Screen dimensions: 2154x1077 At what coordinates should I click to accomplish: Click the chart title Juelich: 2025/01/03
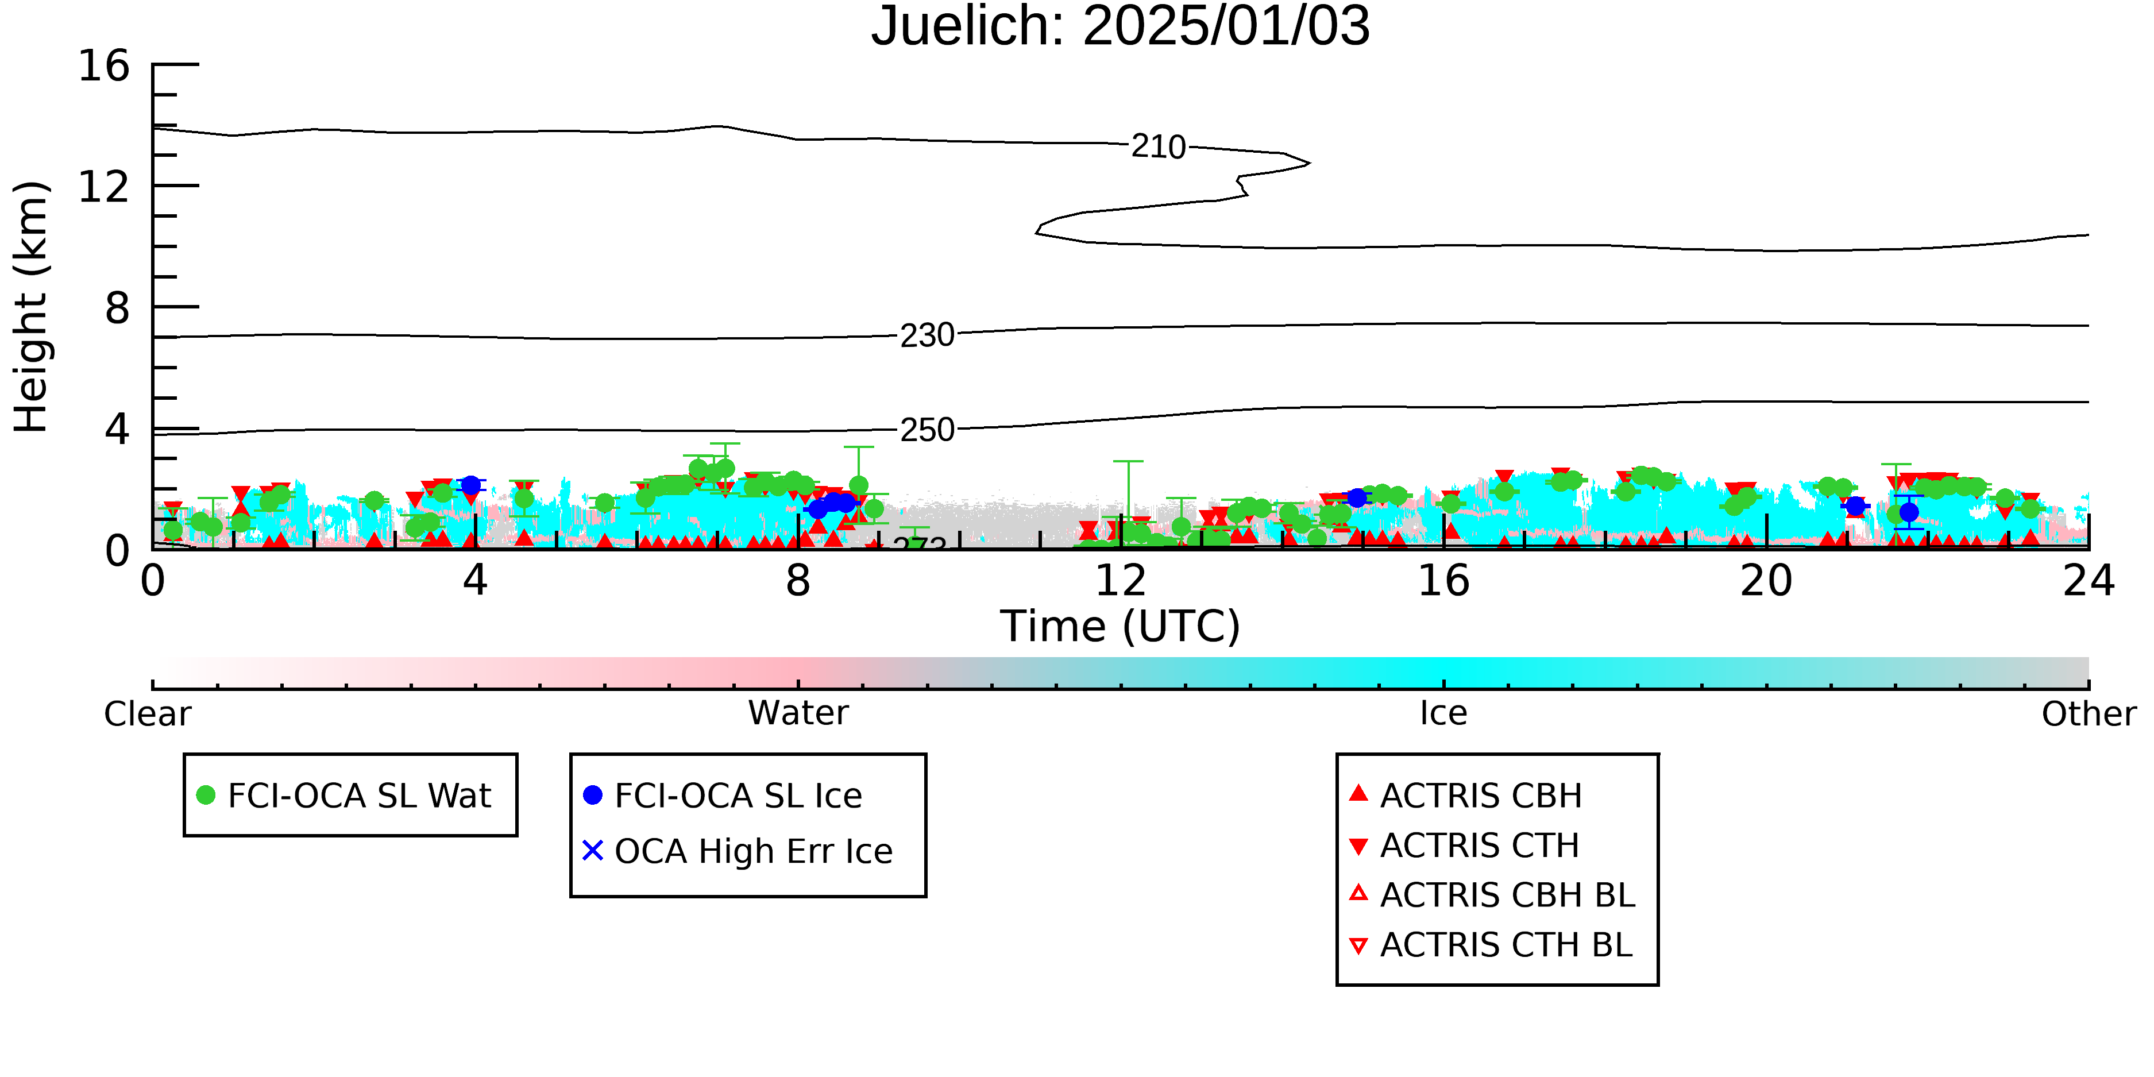[1121, 27]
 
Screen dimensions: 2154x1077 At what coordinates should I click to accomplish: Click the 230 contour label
[927, 335]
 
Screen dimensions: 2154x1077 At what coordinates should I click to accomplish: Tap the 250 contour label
[927, 430]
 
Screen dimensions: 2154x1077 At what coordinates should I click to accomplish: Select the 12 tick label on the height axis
[104, 187]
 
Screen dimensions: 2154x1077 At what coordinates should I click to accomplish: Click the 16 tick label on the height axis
[104, 65]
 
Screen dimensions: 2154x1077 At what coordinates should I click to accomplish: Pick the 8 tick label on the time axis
[798, 580]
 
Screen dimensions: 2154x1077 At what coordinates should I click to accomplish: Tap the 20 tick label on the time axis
[1766, 580]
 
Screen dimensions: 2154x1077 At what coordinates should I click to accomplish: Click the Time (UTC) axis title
[1121, 626]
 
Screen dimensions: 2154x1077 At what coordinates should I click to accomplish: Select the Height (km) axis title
[32, 307]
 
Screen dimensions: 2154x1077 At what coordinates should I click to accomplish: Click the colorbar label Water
[798, 713]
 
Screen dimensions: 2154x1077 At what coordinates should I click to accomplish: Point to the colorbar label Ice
[1443, 713]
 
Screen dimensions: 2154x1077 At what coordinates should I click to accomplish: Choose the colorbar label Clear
[147, 714]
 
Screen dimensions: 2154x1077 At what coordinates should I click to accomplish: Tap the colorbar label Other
[2089, 714]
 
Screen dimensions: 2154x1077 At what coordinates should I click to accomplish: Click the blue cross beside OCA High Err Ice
[593, 850]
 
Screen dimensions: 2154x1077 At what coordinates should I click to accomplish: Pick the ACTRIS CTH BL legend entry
[1491, 945]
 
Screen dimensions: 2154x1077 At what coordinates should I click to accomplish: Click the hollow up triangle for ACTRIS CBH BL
[1359, 893]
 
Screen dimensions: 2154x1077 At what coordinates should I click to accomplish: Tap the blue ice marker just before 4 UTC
[471, 485]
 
